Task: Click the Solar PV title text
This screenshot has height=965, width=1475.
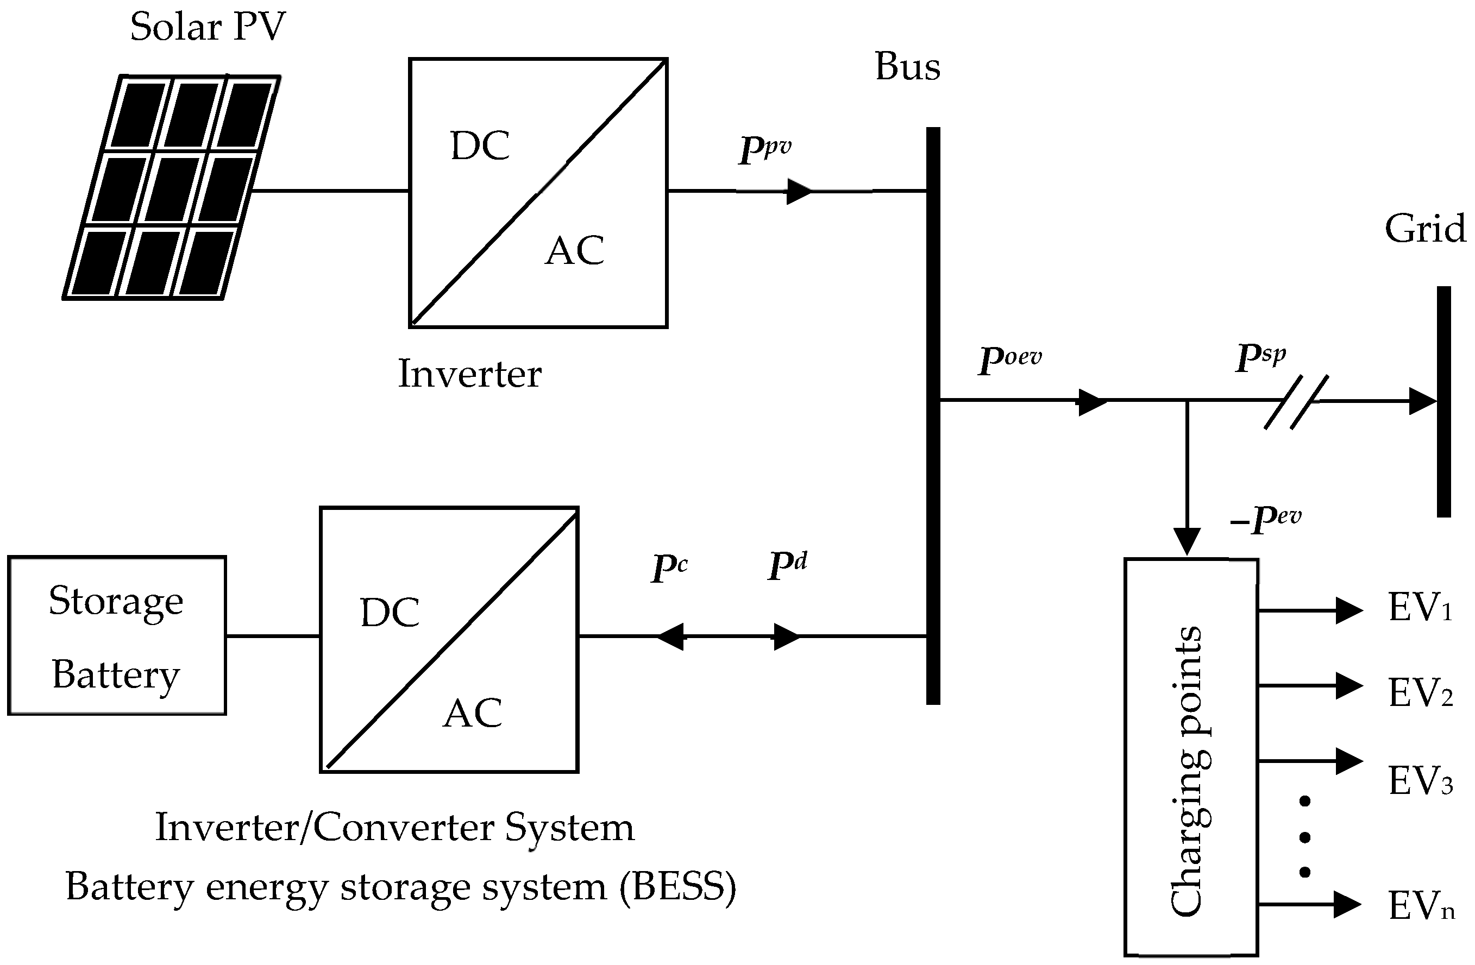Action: (208, 27)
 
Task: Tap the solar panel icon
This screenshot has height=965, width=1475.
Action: (172, 188)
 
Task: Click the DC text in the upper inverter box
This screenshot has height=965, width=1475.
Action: (480, 147)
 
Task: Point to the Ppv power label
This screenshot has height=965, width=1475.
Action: (765, 149)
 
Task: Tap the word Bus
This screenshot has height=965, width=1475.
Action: (907, 66)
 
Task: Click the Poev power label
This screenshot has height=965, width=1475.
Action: (1010, 358)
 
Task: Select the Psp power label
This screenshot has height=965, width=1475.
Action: (1260, 356)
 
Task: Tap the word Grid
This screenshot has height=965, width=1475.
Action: (1425, 229)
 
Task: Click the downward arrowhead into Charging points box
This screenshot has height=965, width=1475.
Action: (1187, 541)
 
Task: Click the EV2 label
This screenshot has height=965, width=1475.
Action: (1420, 692)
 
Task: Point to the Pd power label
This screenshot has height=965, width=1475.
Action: (787, 565)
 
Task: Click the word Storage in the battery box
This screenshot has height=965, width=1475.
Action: (116, 601)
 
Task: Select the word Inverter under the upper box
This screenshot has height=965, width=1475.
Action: (469, 374)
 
